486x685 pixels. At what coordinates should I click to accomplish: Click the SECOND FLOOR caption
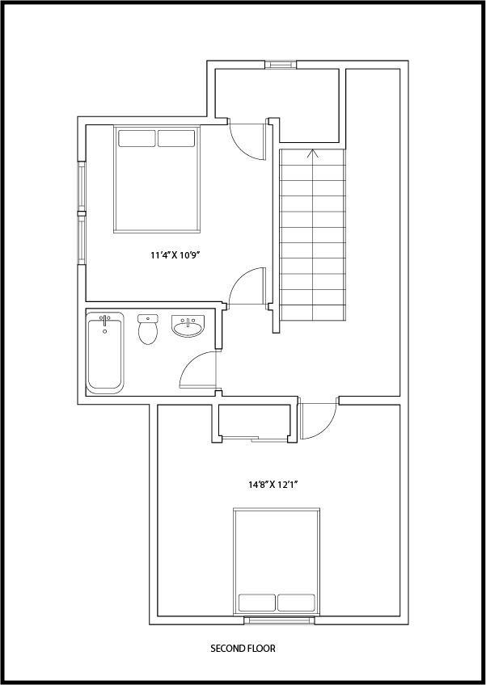(243, 649)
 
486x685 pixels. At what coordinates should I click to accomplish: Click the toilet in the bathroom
(148, 329)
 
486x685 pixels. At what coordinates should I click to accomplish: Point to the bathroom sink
(188, 326)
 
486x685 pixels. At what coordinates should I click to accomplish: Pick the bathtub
(104, 353)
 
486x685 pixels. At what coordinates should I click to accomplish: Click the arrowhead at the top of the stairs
(312, 153)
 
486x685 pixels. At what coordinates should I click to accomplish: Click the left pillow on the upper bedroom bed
(137, 138)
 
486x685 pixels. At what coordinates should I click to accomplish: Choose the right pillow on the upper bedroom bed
(176, 138)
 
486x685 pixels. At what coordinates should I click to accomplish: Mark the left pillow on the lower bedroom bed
(257, 603)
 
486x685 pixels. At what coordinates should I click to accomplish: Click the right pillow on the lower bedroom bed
(296, 603)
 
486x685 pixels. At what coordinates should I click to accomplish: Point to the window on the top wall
(281, 65)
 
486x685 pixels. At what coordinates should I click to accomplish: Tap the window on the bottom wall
(279, 620)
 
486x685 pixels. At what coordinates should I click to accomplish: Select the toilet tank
(148, 318)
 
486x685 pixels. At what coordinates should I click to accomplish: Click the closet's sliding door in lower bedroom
(254, 439)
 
